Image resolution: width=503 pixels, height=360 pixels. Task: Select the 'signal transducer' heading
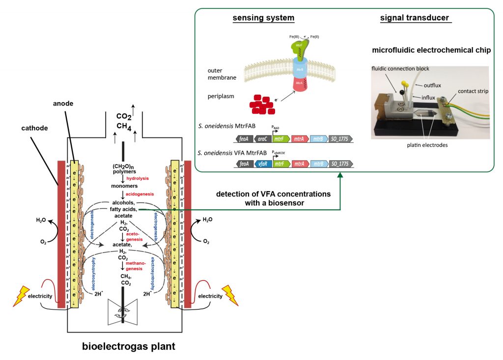415,18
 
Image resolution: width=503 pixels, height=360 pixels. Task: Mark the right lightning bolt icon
231,295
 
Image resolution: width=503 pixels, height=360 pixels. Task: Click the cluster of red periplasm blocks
262,104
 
